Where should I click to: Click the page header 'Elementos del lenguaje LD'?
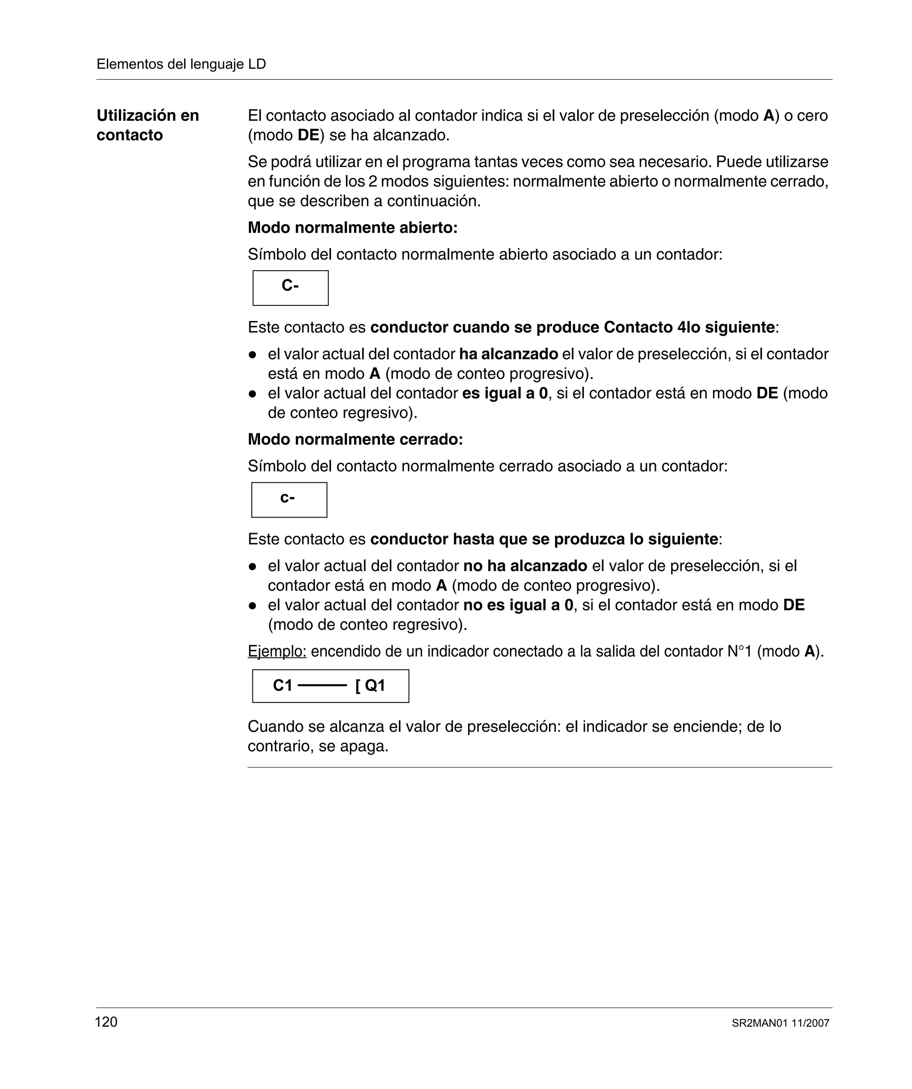point(181,64)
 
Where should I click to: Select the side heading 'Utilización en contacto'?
point(148,125)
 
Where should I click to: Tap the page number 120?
point(106,1022)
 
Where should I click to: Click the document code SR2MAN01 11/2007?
point(780,1023)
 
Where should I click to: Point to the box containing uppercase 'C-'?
point(290,288)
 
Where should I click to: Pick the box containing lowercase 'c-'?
point(289,500)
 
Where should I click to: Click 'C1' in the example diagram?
point(283,686)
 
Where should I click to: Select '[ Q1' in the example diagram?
point(370,686)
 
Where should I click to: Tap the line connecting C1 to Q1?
point(322,686)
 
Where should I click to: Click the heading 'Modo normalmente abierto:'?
point(352,228)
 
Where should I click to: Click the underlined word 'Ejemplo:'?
point(277,651)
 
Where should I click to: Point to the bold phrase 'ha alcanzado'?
point(509,354)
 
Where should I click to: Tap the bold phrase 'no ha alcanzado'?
point(525,566)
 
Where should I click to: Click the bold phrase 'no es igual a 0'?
point(518,605)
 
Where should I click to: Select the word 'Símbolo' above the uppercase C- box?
point(277,254)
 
